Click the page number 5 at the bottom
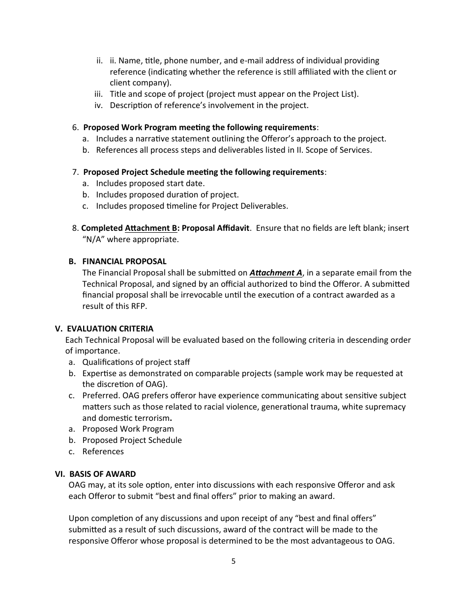[233, 561]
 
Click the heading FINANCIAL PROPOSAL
[124, 261]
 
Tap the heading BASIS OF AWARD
[102, 474]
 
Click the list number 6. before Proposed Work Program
[75, 127]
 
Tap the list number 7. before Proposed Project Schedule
[75, 172]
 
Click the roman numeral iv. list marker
[99, 105]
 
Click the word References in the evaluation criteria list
[103, 451]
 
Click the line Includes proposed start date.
[150, 183]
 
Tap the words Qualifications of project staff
[136, 362]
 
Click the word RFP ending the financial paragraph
[139, 306]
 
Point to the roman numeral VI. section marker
[60, 474]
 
